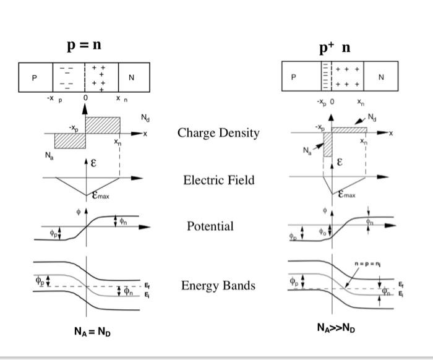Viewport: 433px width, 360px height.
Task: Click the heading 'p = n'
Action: pyautogui.click(x=84, y=45)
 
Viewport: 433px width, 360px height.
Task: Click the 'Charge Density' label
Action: pyautogui.click(x=218, y=133)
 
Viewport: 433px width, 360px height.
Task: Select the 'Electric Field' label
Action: pyautogui.click(x=218, y=180)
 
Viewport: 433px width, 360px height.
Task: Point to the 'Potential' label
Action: pyautogui.click(x=210, y=226)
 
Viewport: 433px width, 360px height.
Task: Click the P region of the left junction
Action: pyautogui.click(x=35, y=78)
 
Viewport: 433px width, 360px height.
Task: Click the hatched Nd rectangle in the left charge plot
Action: pyautogui.click(x=102, y=124)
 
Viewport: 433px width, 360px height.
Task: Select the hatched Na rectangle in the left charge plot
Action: pyautogui.click(x=70, y=140)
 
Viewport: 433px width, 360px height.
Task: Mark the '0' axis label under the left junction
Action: pyautogui.click(x=85, y=98)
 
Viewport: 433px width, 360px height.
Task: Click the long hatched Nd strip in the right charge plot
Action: pyautogui.click(x=349, y=131)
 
